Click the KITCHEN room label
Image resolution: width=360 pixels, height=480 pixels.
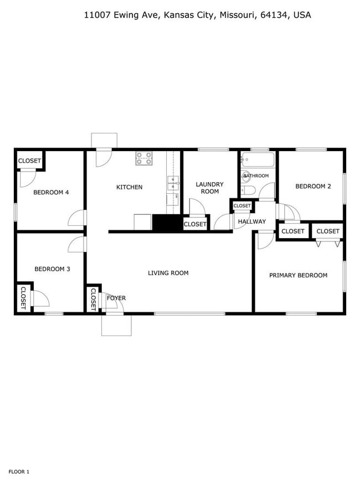pos(129,187)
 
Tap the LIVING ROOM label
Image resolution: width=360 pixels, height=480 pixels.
pos(168,273)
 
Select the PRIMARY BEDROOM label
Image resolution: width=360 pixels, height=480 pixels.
pos(298,275)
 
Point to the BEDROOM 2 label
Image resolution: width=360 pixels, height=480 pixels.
pos(313,187)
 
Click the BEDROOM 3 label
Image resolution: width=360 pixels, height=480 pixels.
pos(52,269)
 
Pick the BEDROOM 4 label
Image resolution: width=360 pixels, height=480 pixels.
pos(51,193)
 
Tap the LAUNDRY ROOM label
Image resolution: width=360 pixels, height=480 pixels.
pos(210,188)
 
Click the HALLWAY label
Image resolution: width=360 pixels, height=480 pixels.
pos(251,221)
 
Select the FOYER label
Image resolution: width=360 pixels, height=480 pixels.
pos(116,298)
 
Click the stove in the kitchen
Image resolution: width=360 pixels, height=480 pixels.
pos(144,159)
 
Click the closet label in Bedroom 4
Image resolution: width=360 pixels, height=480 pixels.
pos(29,161)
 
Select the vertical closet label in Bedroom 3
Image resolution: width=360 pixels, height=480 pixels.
pos(24,298)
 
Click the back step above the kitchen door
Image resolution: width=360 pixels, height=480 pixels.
pos(104,140)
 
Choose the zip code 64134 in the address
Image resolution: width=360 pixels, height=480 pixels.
pos(275,16)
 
